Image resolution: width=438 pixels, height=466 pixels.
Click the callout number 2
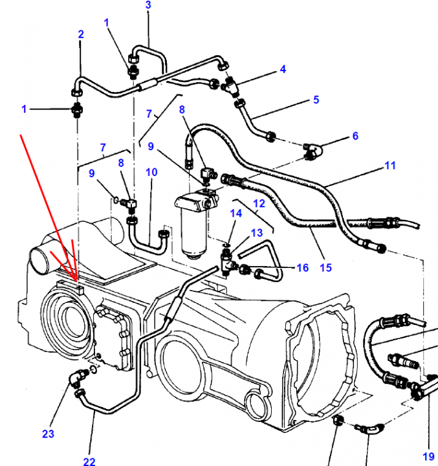tap(81, 34)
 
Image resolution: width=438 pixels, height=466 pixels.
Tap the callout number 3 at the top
tap(148, 5)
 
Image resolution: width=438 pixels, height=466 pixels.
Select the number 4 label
tap(283, 69)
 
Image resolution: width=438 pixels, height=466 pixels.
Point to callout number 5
tap(316, 100)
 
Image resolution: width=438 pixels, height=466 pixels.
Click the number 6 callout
tap(355, 136)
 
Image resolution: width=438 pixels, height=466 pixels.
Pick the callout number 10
tap(151, 172)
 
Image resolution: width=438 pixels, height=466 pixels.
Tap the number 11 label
tap(390, 166)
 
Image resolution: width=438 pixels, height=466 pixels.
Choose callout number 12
tap(259, 204)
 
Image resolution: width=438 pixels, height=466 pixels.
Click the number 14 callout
tap(236, 214)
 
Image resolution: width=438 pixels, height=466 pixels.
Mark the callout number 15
tap(325, 268)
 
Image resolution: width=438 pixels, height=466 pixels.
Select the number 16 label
tap(303, 268)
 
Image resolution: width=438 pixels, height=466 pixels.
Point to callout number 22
tap(89, 461)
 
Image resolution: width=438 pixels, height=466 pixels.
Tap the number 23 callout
tap(48, 434)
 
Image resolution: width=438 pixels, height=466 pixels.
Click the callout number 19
tap(428, 456)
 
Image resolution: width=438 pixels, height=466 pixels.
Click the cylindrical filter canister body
tap(194, 235)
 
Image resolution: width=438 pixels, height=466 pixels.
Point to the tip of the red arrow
tap(76, 280)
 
